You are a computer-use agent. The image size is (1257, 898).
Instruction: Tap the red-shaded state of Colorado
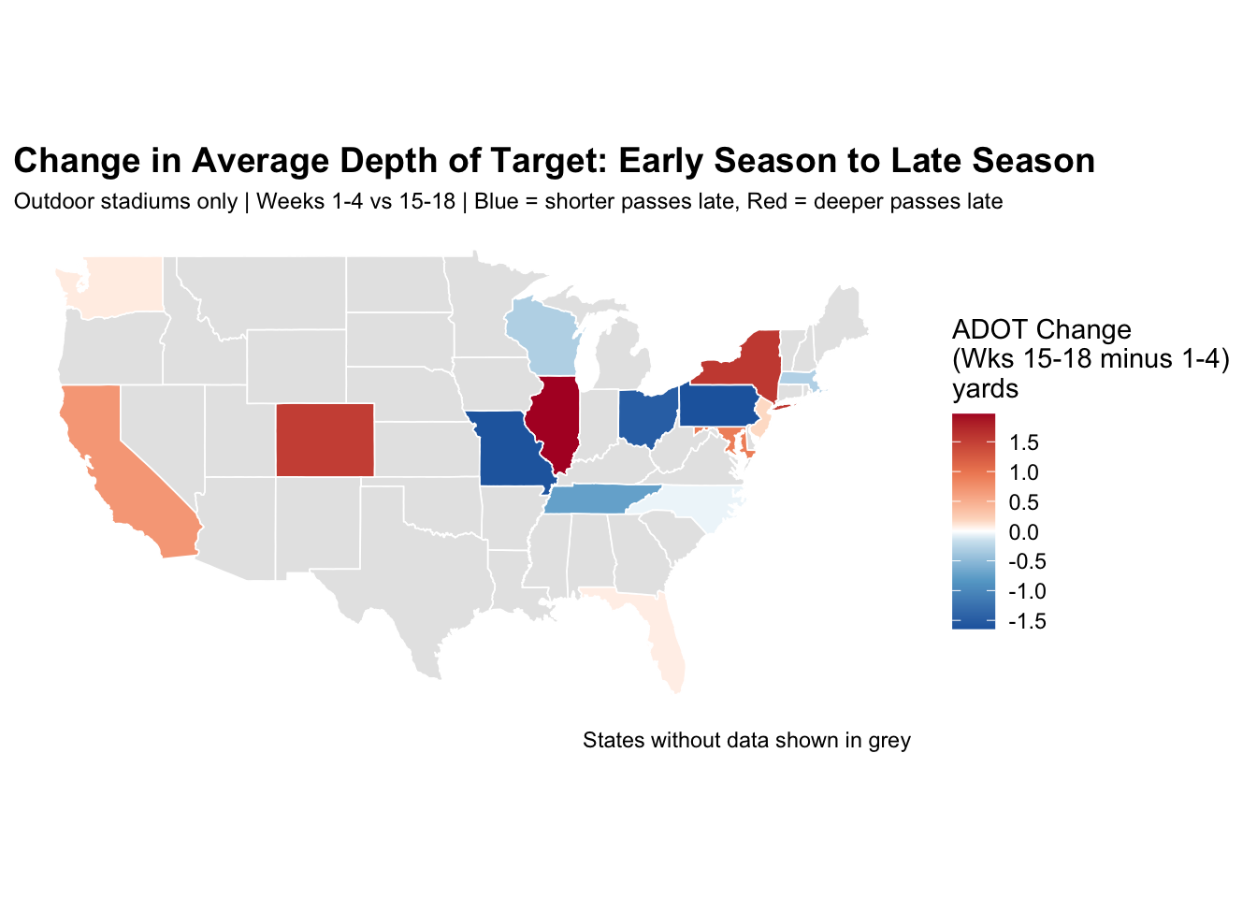pyautogui.click(x=325, y=439)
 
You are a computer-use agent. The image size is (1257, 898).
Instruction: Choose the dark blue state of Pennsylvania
pyautogui.click(x=717, y=405)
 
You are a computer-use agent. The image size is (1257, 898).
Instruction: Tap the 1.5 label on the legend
pyautogui.click(x=1024, y=442)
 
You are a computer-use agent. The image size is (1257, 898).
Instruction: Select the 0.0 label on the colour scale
pyautogui.click(x=1024, y=532)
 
